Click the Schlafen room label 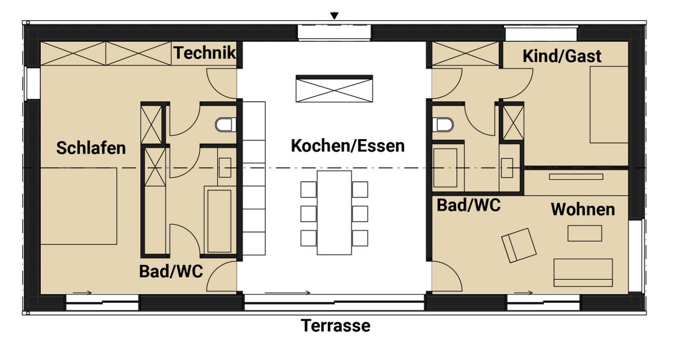click(x=91, y=147)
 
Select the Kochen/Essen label click(x=347, y=146)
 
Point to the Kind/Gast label click(x=562, y=56)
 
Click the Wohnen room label click(x=583, y=210)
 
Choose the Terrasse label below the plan click(x=336, y=326)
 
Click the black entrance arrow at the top click(x=335, y=16)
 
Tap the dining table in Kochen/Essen click(x=334, y=213)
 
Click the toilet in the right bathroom click(x=443, y=124)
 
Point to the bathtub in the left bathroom click(x=219, y=220)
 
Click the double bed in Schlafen click(x=78, y=206)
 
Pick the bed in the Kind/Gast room click(x=609, y=104)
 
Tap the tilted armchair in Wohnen click(x=519, y=245)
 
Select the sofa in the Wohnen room click(x=583, y=272)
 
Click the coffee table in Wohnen click(x=585, y=233)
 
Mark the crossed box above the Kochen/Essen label click(x=334, y=90)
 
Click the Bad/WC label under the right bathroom click(x=469, y=205)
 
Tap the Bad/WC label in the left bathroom click(x=171, y=271)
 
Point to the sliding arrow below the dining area click(x=287, y=292)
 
